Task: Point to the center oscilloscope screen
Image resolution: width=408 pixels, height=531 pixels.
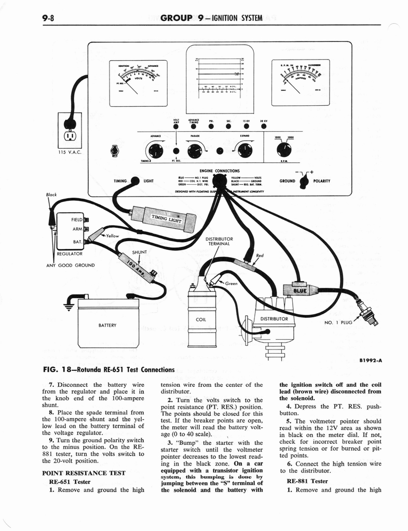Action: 220,78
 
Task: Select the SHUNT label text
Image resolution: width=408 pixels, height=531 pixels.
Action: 140,253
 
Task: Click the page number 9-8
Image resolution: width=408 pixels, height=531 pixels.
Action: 50,19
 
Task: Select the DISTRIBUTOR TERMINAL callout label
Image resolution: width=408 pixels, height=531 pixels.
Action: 220,241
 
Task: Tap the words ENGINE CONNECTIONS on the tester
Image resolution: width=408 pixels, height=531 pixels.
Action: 219,171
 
